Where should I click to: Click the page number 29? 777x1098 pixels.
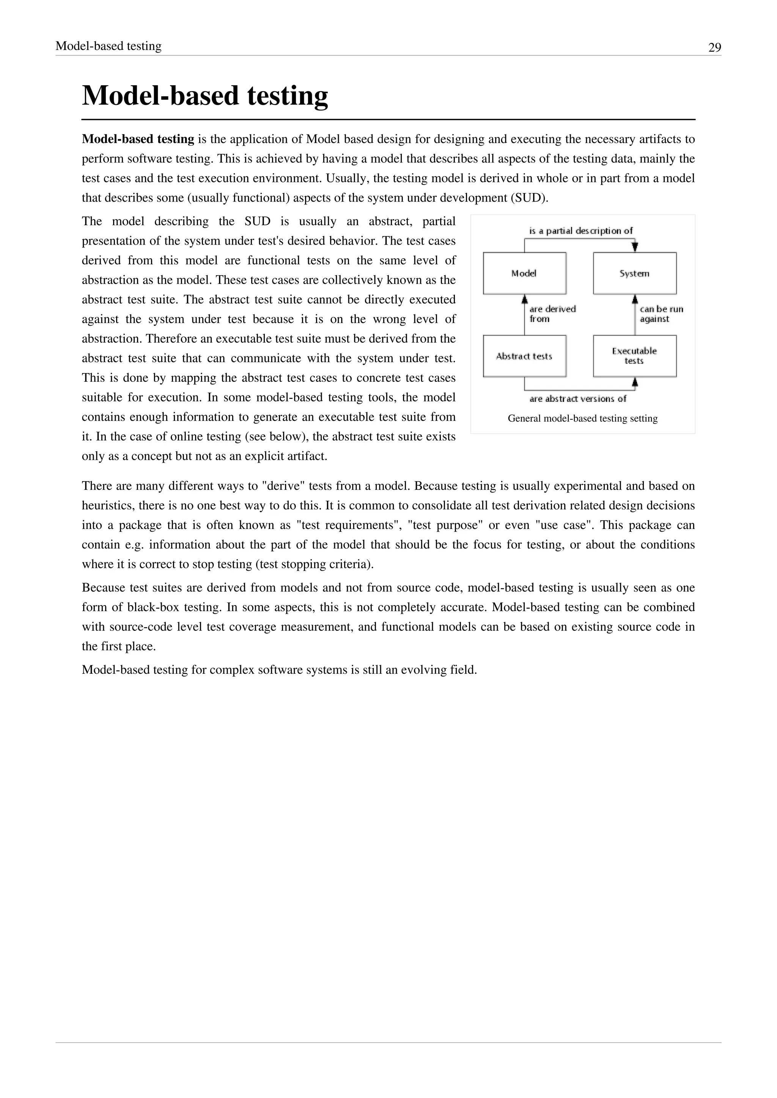pos(714,47)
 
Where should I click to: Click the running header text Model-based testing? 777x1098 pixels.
pos(109,46)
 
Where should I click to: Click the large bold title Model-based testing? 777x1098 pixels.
pos(205,95)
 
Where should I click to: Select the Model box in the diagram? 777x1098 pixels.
pos(524,273)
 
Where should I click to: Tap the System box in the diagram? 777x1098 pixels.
pos(634,273)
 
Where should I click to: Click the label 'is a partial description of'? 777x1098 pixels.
pos(580,231)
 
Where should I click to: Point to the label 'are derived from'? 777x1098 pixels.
pos(552,314)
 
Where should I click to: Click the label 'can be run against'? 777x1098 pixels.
pos(661,314)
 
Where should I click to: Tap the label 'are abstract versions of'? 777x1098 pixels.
pos(577,398)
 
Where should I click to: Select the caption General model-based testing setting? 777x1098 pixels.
pos(582,419)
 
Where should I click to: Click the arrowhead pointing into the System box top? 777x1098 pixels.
pos(635,247)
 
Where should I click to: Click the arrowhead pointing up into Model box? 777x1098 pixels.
pos(524,300)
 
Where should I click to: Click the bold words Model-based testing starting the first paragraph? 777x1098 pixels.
pos(138,139)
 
